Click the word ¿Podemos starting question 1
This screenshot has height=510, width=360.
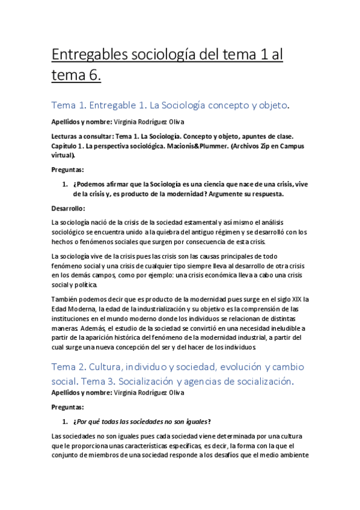click(x=88, y=185)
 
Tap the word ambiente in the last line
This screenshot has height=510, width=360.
click(x=290, y=455)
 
